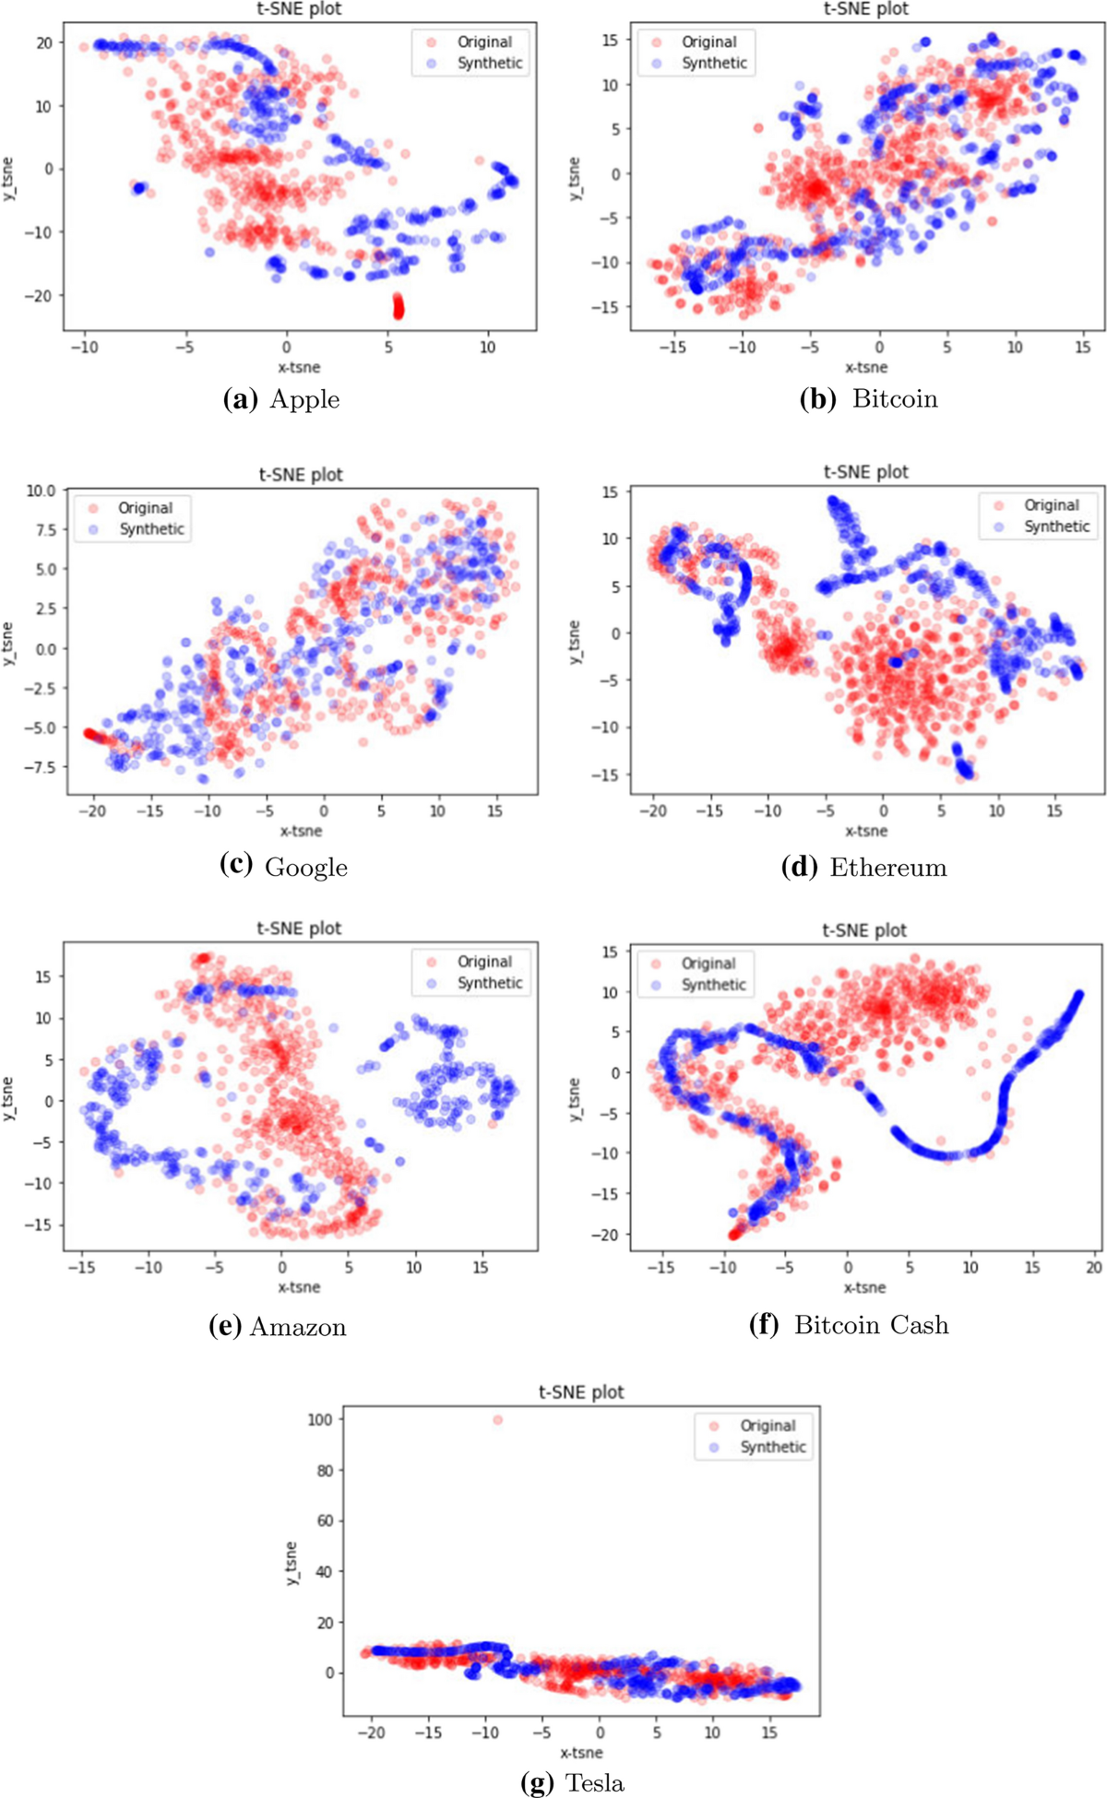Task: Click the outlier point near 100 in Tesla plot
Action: (x=498, y=1420)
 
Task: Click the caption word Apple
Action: (x=304, y=399)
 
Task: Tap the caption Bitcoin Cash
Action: (x=871, y=1325)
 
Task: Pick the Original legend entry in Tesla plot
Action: (x=767, y=1425)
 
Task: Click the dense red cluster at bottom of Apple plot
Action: (x=399, y=306)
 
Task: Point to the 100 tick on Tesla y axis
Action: (x=319, y=1419)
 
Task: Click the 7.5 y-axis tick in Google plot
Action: (x=42, y=529)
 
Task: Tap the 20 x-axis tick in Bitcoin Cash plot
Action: (x=1094, y=1268)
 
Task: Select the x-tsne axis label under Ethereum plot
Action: (x=865, y=831)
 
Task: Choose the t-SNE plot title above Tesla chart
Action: (x=581, y=1391)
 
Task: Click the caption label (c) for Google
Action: (x=236, y=866)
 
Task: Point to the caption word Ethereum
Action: (x=887, y=867)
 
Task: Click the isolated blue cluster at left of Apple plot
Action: (x=139, y=188)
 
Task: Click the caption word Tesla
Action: (x=594, y=1783)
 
